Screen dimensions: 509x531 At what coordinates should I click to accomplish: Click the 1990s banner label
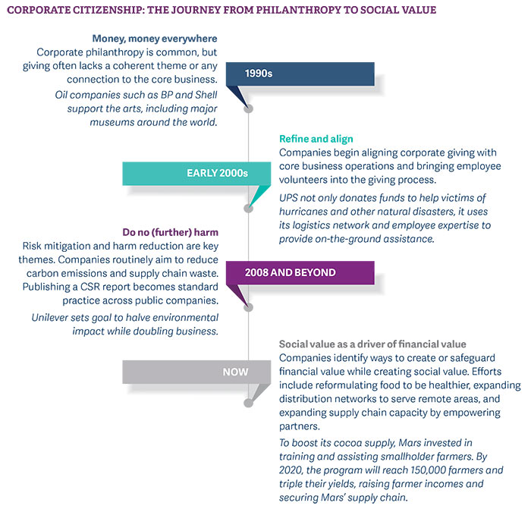pos(259,74)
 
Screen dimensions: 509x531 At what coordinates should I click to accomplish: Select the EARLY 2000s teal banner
pos(218,173)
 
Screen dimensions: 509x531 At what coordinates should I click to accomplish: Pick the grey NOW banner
pos(235,372)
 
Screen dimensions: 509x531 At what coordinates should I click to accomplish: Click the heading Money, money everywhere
pos(155,38)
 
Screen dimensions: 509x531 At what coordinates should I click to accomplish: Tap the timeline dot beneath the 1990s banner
pos(247,108)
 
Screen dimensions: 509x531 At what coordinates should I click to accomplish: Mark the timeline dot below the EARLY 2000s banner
pos(247,208)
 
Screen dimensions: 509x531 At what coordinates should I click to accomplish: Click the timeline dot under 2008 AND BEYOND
pos(247,307)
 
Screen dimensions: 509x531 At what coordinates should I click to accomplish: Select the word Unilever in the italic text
pos(55,317)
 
